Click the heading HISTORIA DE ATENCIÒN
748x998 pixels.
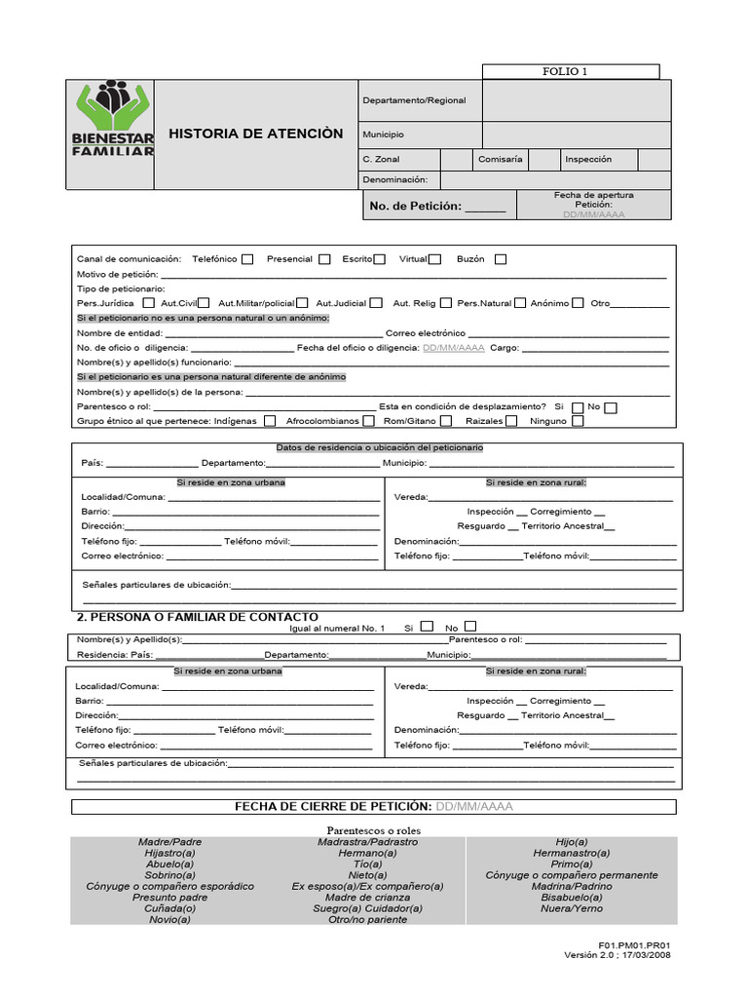click(256, 134)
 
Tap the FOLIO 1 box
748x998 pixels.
click(571, 71)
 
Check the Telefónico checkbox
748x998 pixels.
click(247, 259)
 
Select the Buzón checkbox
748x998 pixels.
click(501, 259)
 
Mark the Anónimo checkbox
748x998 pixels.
click(579, 303)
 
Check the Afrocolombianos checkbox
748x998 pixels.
click(367, 421)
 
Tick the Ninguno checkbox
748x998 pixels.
click(579, 421)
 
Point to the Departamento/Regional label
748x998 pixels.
click(414, 100)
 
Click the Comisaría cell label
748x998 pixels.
click(501, 159)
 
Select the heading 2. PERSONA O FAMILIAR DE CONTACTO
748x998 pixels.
click(197, 617)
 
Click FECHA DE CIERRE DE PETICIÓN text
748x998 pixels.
click(333, 807)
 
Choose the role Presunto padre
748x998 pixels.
click(170, 898)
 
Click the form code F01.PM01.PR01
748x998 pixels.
click(635, 944)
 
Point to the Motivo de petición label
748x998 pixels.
click(118, 274)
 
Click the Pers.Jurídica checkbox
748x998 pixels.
click(148, 303)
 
